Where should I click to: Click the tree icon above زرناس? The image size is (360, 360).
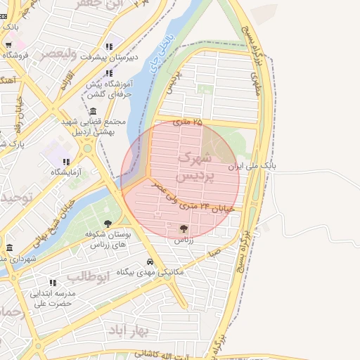(184, 229)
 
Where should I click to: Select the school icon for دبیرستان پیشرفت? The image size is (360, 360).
(109, 42)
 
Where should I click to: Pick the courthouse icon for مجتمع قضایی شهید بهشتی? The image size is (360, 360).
(93, 112)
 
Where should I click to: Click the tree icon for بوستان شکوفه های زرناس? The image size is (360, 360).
(107, 224)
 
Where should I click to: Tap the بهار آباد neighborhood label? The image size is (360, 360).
(127, 328)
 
